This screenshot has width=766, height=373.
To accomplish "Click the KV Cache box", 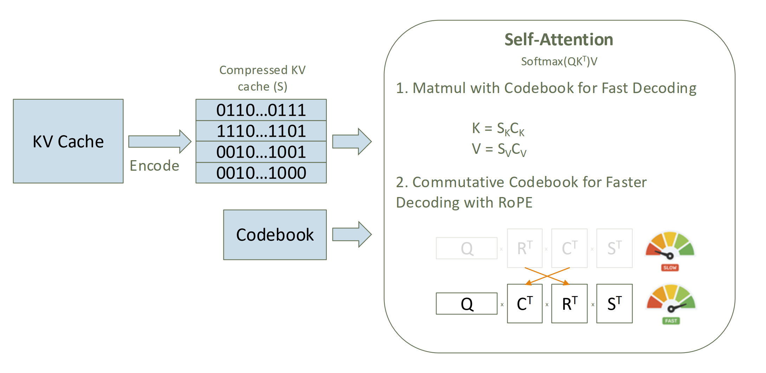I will tap(68, 141).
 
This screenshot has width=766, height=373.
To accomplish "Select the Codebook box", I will tap(275, 235).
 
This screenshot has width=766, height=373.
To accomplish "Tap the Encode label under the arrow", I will tap(154, 166).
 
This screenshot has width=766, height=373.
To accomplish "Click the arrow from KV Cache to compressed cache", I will tap(160, 141).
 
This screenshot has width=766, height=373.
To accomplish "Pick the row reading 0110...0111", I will tap(261, 110).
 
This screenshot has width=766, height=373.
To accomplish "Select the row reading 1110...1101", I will tap(261, 131).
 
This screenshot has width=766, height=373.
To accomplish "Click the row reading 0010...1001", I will tap(261, 152).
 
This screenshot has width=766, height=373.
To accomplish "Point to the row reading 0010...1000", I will tap(261, 173).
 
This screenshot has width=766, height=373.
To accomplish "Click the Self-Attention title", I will tap(559, 39).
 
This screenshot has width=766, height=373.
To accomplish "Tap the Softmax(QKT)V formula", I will tap(559, 61).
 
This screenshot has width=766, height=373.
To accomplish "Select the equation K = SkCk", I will tap(498, 129).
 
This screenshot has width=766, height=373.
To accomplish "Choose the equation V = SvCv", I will tap(499, 149).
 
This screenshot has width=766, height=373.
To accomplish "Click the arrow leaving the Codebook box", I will tap(351, 234).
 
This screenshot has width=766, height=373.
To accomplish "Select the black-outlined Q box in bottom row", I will tap(467, 303).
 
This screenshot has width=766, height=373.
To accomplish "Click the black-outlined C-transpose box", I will tap(525, 303).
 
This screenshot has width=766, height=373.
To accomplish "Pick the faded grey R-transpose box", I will tap(525, 248).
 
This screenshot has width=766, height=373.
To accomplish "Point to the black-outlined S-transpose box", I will tap(614, 303).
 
